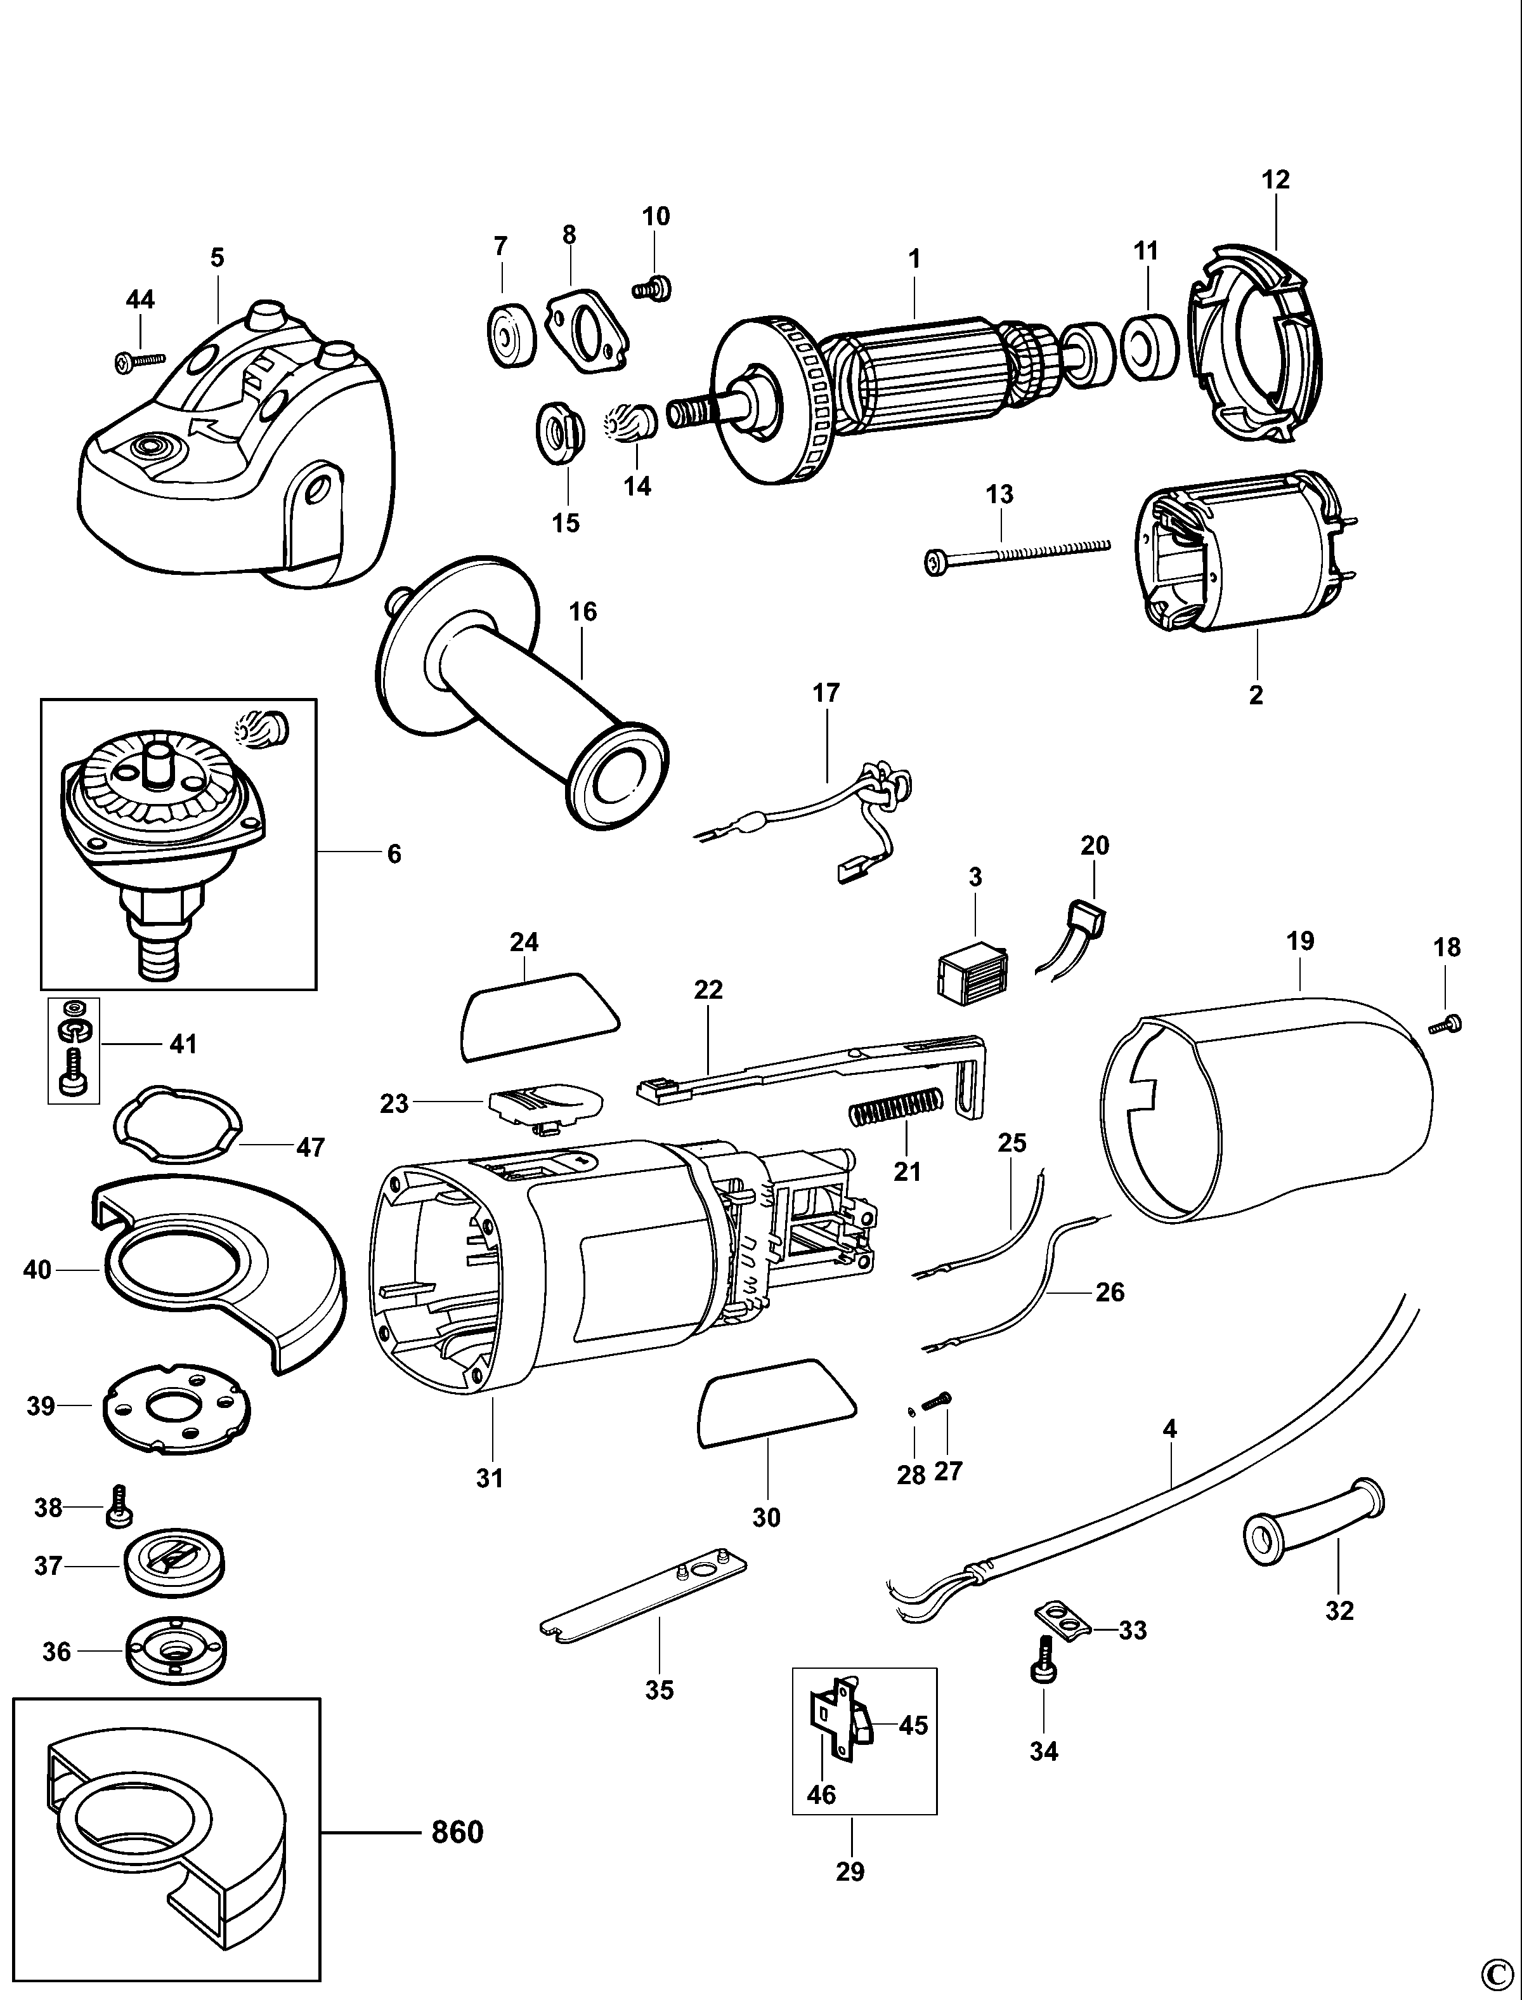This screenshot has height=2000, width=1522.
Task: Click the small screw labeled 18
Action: [1446, 1025]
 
